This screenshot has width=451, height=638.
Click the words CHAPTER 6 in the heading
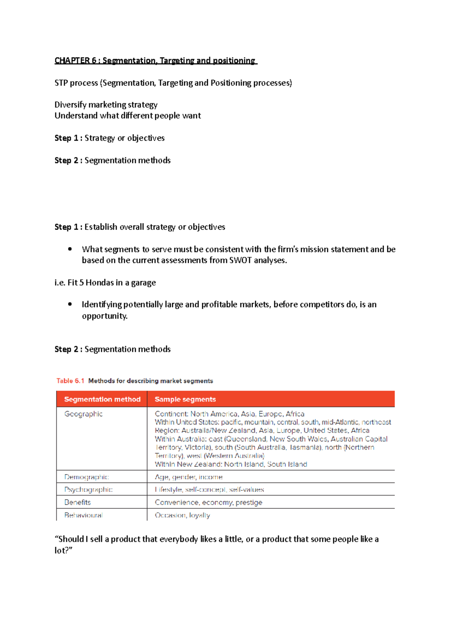(x=75, y=60)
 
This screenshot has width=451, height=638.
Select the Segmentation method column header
(x=102, y=399)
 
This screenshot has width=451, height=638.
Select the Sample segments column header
(x=185, y=399)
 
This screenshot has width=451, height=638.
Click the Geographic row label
(x=83, y=414)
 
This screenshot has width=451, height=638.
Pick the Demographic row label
(x=86, y=477)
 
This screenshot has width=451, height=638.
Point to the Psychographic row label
(x=88, y=490)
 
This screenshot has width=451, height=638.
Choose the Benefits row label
(x=77, y=502)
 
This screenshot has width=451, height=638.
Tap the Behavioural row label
(x=83, y=515)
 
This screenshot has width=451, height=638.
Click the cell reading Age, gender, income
(x=189, y=477)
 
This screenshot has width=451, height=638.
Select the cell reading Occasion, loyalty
(x=182, y=515)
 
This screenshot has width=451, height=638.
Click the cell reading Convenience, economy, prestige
(x=209, y=502)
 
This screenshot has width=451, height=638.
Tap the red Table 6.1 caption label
(x=70, y=381)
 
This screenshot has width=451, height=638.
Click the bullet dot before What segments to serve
(x=70, y=249)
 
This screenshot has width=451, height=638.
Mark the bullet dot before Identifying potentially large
(x=70, y=304)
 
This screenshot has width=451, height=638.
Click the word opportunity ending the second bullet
(x=104, y=316)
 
